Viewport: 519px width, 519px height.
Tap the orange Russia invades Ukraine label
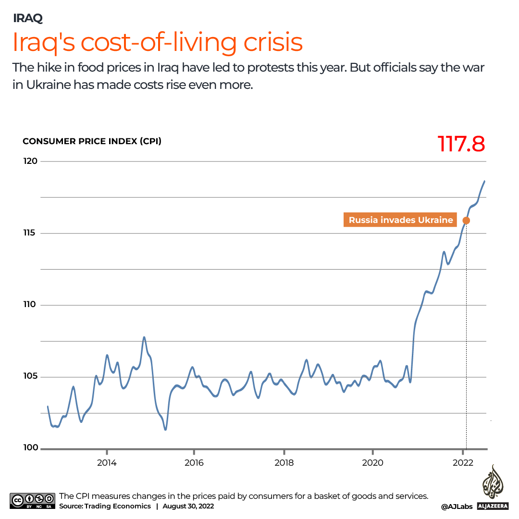point(400,220)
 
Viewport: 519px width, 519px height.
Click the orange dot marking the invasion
point(466,221)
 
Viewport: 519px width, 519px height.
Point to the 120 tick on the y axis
point(31,161)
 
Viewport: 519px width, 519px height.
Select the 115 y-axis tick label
point(31,233)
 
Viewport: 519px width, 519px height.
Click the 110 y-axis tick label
point(31,305)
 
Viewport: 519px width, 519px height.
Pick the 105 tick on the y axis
point(31,377)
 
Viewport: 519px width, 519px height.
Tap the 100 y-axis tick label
point(31,448)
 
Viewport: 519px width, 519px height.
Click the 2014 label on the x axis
point(106,463)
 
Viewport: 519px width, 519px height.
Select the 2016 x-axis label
point(194,463)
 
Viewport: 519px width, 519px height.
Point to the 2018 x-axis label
point(284,463)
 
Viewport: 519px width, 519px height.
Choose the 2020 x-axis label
point(373,463)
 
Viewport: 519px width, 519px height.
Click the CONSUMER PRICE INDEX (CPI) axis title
point(92,141)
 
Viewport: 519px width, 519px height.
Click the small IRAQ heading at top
point(28,18)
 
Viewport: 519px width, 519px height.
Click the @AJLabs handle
point(457,507)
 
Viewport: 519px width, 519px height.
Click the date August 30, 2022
point(188,506)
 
